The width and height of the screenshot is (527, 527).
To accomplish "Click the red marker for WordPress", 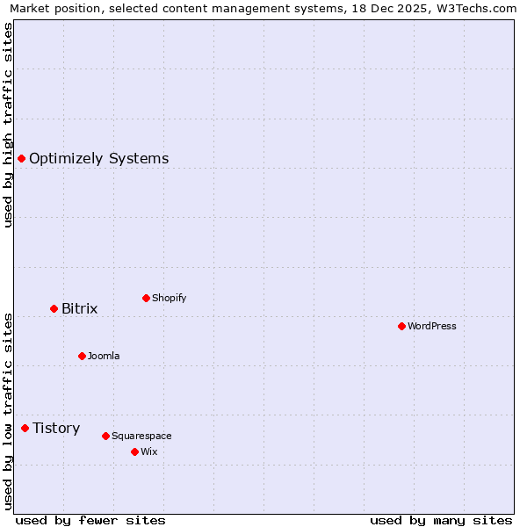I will coord(401,326).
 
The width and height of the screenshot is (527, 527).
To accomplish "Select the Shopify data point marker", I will coord(146,298).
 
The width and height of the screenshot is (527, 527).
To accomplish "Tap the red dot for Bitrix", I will coord(54,308).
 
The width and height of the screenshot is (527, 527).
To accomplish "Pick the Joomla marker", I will coord(82,356).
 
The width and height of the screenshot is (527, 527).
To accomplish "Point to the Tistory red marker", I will coord(25,428).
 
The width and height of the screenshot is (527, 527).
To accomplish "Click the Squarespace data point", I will coord(105,436).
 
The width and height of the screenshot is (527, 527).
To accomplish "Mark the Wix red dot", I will coord(134,451).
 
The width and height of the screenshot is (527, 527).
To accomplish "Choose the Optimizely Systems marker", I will coord(21,158).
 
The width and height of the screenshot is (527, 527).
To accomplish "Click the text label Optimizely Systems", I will coord(98,158).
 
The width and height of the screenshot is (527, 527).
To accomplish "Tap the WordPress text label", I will coord(432,326).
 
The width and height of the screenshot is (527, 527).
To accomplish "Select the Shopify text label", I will coord(170,298).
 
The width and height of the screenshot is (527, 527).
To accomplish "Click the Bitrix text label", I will coord(80,308).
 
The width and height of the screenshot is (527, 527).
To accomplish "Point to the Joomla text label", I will coord(104,356).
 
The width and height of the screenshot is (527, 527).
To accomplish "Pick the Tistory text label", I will coord(56,428).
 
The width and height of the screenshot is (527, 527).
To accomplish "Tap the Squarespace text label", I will coord(141,436).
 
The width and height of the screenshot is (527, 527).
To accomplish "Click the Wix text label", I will coord(149,451).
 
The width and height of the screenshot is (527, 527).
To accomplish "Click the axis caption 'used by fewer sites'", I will coord(90,520).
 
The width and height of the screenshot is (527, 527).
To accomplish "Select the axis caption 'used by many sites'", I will coord(441,520).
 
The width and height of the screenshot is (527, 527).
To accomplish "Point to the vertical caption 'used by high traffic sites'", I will coord(8,125).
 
